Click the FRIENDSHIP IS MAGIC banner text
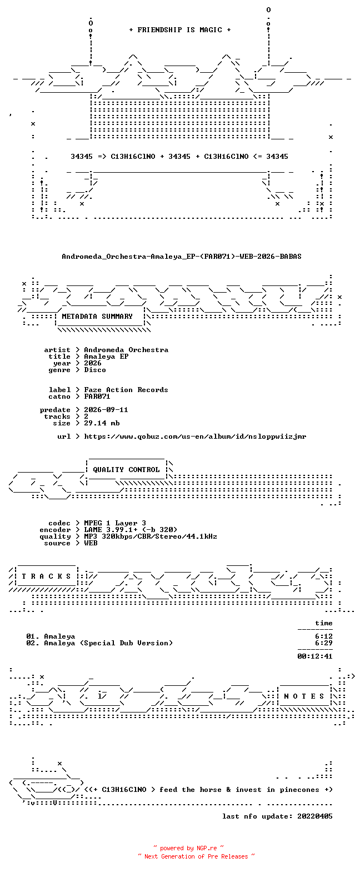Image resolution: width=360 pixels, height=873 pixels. pyautogui.click(x=180, y=30)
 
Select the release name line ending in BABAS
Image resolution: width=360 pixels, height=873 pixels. pyautogui.click(x=182, y=257)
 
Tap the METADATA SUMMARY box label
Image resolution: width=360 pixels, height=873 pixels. pyautogui.click(x=97, y=317)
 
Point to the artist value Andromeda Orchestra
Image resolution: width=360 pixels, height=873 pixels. pyautogui.click(x=126, y=350)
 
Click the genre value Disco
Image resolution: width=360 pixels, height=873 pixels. pyautogui.click(x=95, y=370)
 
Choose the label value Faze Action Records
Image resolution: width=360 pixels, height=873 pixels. pyautogui.click(x=126, y=390)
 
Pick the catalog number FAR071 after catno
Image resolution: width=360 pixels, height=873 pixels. pyautogui.click(x=97, y=397)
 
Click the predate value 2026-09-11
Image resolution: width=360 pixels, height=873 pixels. pyautogui.click(x=106, y=410)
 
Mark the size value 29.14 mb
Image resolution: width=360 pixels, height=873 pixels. pyautogui.click(x=102, y=423)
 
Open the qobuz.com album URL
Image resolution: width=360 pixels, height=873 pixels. pyautogui.click(x=195, y=436)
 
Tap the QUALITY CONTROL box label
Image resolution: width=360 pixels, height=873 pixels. pyautogui.click(x=126, y=470)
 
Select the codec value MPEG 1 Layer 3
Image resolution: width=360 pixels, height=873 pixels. pyautogui.click(x=115, y=523)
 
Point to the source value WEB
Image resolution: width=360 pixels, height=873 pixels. pyautogui.click(x=91, y=543)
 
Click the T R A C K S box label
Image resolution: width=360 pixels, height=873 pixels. pyautogui.click(x=47, y=576)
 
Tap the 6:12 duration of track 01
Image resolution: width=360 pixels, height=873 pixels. pyautogui.click(x=324, y=636)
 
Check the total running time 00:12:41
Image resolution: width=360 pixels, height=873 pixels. pyautogui.click(x=315, y=656)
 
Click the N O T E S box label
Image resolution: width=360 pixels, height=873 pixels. pyautogui.click(x=304, y=696)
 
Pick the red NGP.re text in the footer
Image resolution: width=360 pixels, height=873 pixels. pyautogui.click(x=207, y=848)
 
